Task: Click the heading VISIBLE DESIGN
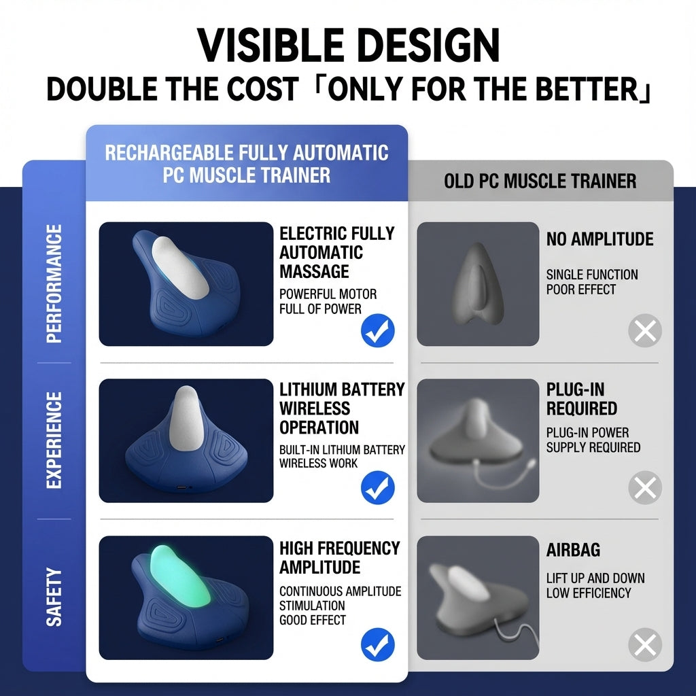tap(348, 46)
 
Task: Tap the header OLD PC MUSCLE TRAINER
tap(540, 181)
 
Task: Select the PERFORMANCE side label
tap(54, 283)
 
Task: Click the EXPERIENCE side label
tap(54, 440)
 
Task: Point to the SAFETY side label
tap(54, 597)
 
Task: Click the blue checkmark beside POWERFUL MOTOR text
tap(377, 331)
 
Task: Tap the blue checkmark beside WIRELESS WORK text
tap(377, 487)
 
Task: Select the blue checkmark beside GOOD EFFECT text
tap(377, 644)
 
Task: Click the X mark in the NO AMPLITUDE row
tap(644, 331)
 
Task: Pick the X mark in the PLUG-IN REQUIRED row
tap(644, 487)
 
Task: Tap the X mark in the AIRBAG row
tap(644, 644)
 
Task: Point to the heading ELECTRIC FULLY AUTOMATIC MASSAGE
tap(336, 252)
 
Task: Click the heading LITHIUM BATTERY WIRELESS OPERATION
tap(341, 408)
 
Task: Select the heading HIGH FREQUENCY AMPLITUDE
tap(339, 557)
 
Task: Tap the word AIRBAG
tap(573, 551)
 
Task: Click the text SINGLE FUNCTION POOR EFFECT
tap(591, 282)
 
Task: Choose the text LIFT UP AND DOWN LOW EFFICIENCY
tap(595, 585)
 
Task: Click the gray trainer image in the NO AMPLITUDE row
tap(477, 283)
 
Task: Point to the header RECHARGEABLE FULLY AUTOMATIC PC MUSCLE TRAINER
tap(246, 163)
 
